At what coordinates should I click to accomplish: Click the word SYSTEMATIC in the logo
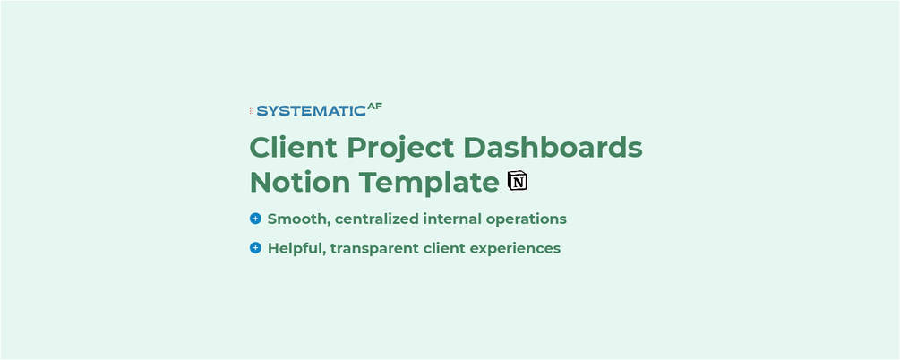point(311,111)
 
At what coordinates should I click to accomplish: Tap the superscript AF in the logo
point(375,106)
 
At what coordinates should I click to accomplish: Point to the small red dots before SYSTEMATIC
point(252,111)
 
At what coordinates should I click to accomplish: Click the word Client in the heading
point(294,147)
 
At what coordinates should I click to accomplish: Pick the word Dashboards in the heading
point(553,147)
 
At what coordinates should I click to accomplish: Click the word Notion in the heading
point(300,182)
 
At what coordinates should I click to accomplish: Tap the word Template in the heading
point(429,184)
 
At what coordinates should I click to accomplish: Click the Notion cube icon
point(517,180)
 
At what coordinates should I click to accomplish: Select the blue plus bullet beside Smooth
point(255,219)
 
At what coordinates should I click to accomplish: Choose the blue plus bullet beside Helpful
point(255,248)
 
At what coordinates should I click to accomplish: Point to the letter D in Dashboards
point(476,148)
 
